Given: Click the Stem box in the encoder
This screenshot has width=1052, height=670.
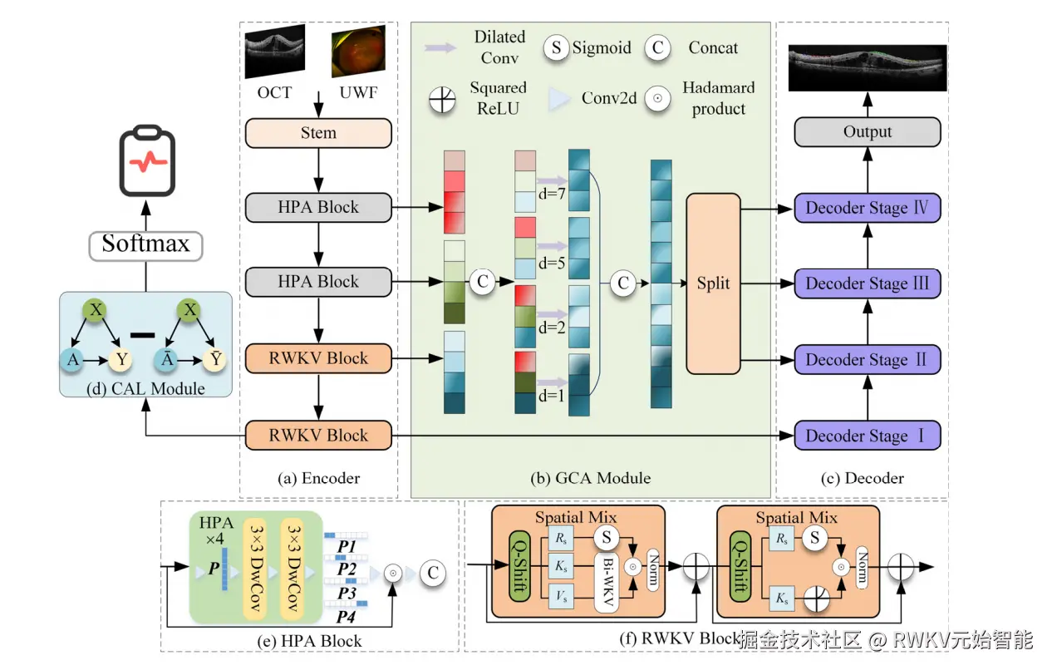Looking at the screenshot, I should pos(318,133).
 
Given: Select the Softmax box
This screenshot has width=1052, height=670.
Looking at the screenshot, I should pos(145,245).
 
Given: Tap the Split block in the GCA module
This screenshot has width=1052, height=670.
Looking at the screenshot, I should pos(713,283).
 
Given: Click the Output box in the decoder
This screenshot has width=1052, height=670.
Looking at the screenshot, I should pos(868,132).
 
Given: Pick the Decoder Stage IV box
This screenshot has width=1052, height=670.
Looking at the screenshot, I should pos(868,208).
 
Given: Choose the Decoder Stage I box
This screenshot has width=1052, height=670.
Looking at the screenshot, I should pos(868,436).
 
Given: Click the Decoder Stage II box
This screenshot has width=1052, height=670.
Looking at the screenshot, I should pos(868,360).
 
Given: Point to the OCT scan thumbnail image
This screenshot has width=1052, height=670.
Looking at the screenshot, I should pos(275,52).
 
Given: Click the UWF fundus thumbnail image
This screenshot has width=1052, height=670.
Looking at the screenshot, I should pos(353,52).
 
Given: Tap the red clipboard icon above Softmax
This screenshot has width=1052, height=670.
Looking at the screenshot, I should pos(146,162).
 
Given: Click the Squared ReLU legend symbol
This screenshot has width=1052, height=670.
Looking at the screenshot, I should pos(442,99).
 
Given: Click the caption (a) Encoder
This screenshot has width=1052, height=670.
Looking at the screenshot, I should pos(318,478).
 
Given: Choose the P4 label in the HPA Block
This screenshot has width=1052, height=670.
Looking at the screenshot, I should pos(347,617).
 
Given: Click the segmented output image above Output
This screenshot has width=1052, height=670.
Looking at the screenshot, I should pos(868,67).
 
